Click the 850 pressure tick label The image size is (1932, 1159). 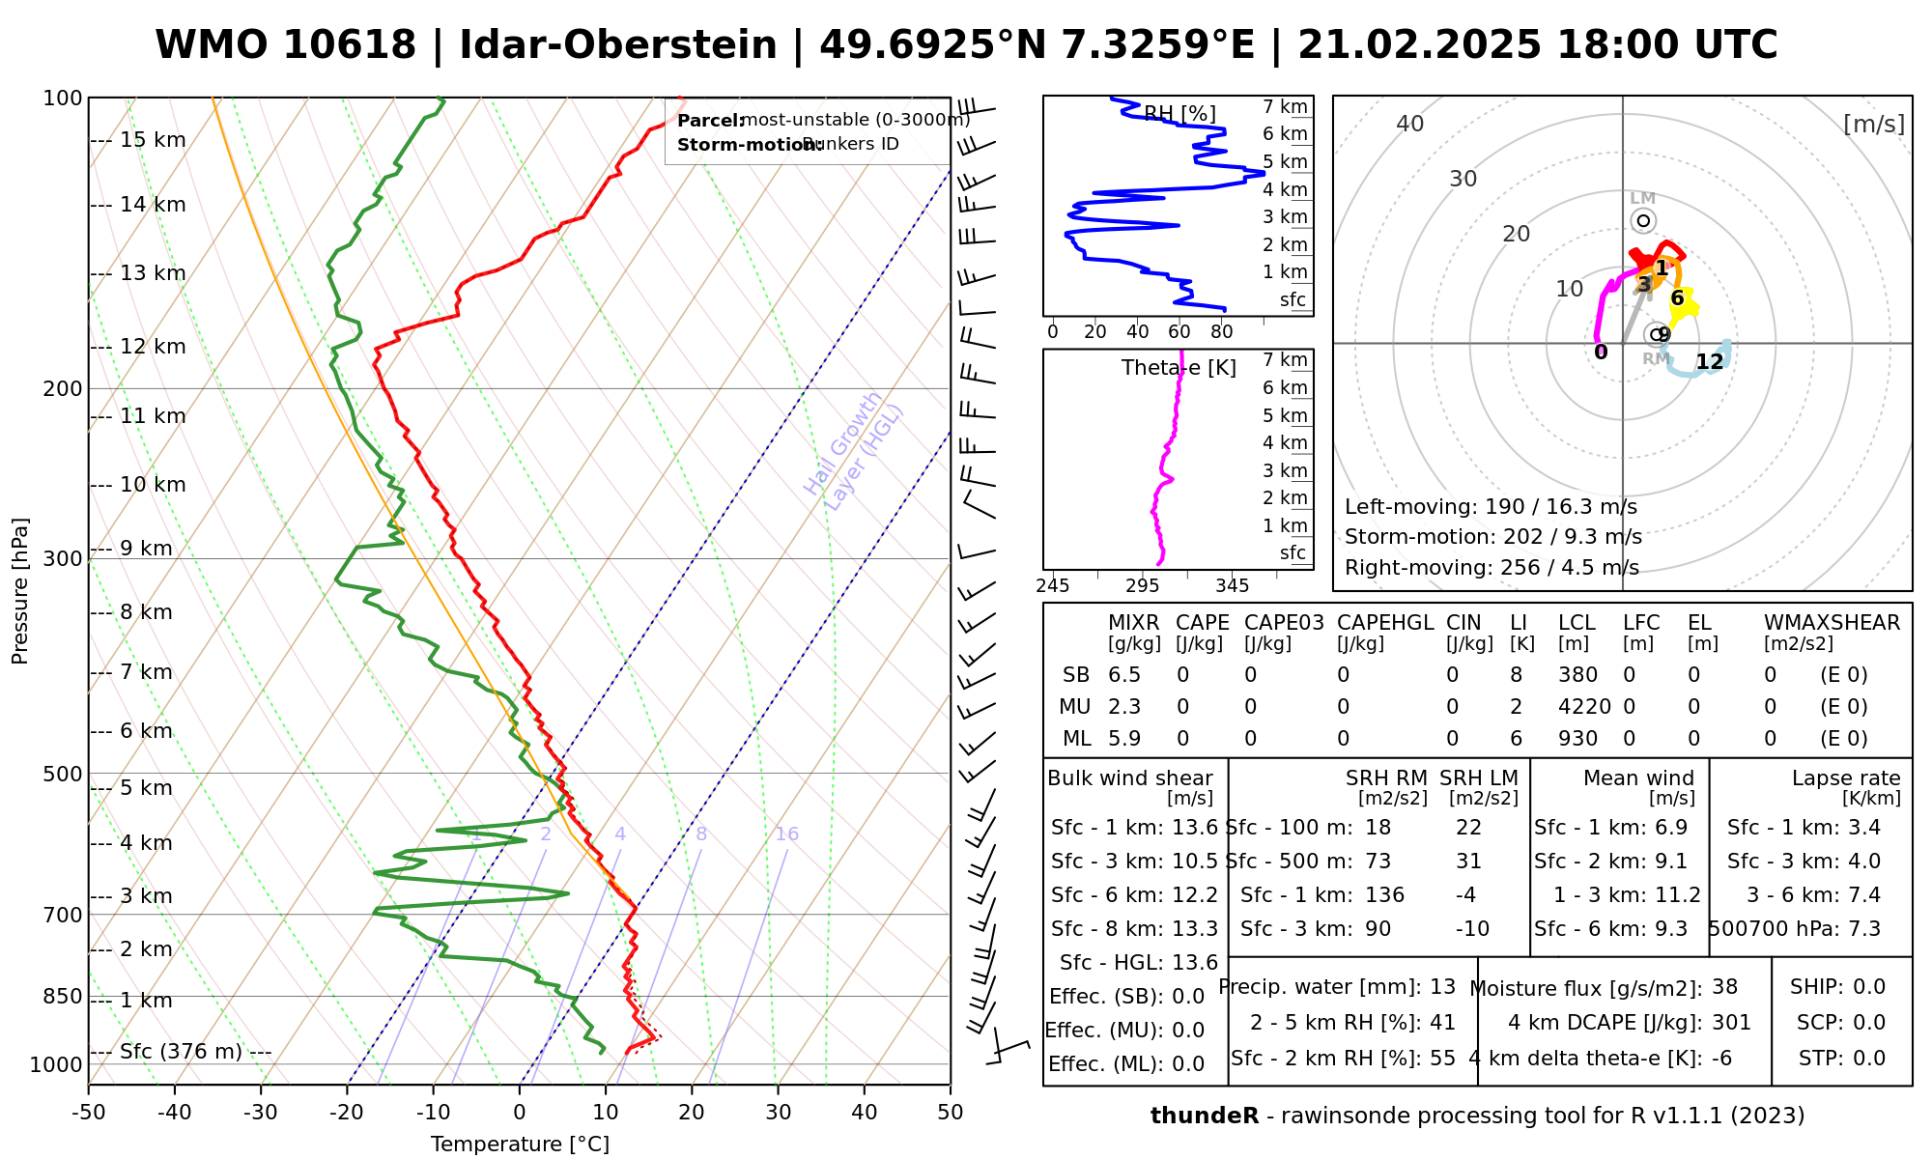63,996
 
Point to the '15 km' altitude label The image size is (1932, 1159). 153,140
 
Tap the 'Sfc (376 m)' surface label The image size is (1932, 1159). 181,1051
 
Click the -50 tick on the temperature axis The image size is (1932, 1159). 88,1112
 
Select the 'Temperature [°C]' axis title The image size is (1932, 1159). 520,1145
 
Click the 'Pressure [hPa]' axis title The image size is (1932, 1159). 20,591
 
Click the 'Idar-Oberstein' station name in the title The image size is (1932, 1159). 618,45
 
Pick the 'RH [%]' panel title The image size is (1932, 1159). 1179,114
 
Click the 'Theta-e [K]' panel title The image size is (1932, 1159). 1179,368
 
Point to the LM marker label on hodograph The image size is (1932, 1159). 1643,198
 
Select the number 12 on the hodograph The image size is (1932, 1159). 1710,362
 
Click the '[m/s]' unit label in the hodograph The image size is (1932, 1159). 1873,124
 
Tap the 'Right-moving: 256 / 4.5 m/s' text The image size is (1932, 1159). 1492,567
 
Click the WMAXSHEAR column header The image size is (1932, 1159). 1832,623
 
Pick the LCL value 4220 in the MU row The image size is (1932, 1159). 1584,707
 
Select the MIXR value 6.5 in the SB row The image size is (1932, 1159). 1124,675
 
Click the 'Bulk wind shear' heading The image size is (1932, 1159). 1130,778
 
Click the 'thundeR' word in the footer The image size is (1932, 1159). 1204,1116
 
